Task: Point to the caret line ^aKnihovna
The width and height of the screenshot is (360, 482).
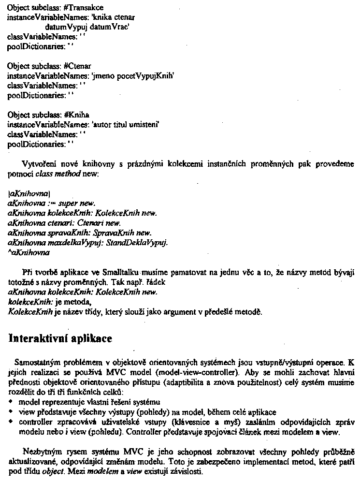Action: [29, 252]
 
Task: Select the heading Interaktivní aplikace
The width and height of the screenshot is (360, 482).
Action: [61, 338]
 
